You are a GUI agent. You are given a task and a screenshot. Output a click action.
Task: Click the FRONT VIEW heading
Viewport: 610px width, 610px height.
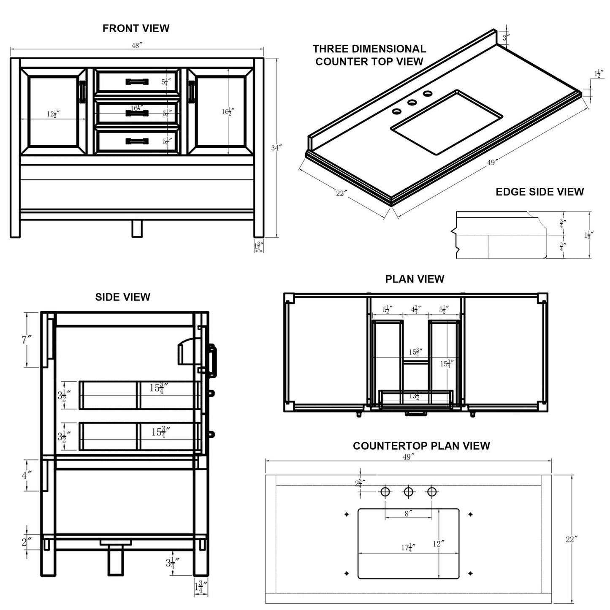(x=136, y=28)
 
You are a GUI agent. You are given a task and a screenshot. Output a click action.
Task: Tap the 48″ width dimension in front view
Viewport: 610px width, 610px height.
(x=136, y=46)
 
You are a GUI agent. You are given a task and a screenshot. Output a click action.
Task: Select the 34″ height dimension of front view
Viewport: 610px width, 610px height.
(x=276, y=148)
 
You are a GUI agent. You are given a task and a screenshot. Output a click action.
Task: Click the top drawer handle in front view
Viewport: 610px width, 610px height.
(x=137, y=81)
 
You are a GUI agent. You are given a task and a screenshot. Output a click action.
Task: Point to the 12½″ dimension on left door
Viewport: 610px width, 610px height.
(x=53, y=114)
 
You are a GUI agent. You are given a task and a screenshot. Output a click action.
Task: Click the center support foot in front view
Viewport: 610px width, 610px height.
(x=136, y=229)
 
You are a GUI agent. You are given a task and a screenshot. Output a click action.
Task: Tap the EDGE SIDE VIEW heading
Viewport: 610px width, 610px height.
(x=539, y=192)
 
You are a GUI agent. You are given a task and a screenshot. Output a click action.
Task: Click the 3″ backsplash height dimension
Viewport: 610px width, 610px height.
(x=506, y=37)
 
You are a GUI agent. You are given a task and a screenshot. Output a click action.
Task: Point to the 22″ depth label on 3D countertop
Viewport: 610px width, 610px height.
(x=342, y=193)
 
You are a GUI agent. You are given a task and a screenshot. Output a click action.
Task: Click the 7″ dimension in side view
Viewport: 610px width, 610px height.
(x=27, y=339)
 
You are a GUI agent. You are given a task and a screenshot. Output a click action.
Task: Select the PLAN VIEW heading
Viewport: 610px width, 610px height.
(x=415, y=279)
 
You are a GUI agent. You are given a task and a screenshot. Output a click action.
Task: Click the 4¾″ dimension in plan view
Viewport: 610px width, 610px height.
(x=415, y=309)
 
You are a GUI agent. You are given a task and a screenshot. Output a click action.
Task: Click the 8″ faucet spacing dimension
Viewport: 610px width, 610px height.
(x=408, y=514)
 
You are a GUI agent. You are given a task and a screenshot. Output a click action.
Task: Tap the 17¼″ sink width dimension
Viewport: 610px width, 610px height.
(x=408, y=548)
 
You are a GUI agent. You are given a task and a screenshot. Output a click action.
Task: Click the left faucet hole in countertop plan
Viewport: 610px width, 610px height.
(x=385, y=492)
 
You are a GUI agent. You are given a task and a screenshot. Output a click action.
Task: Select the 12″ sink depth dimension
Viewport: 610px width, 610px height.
(x=439, y=544)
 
